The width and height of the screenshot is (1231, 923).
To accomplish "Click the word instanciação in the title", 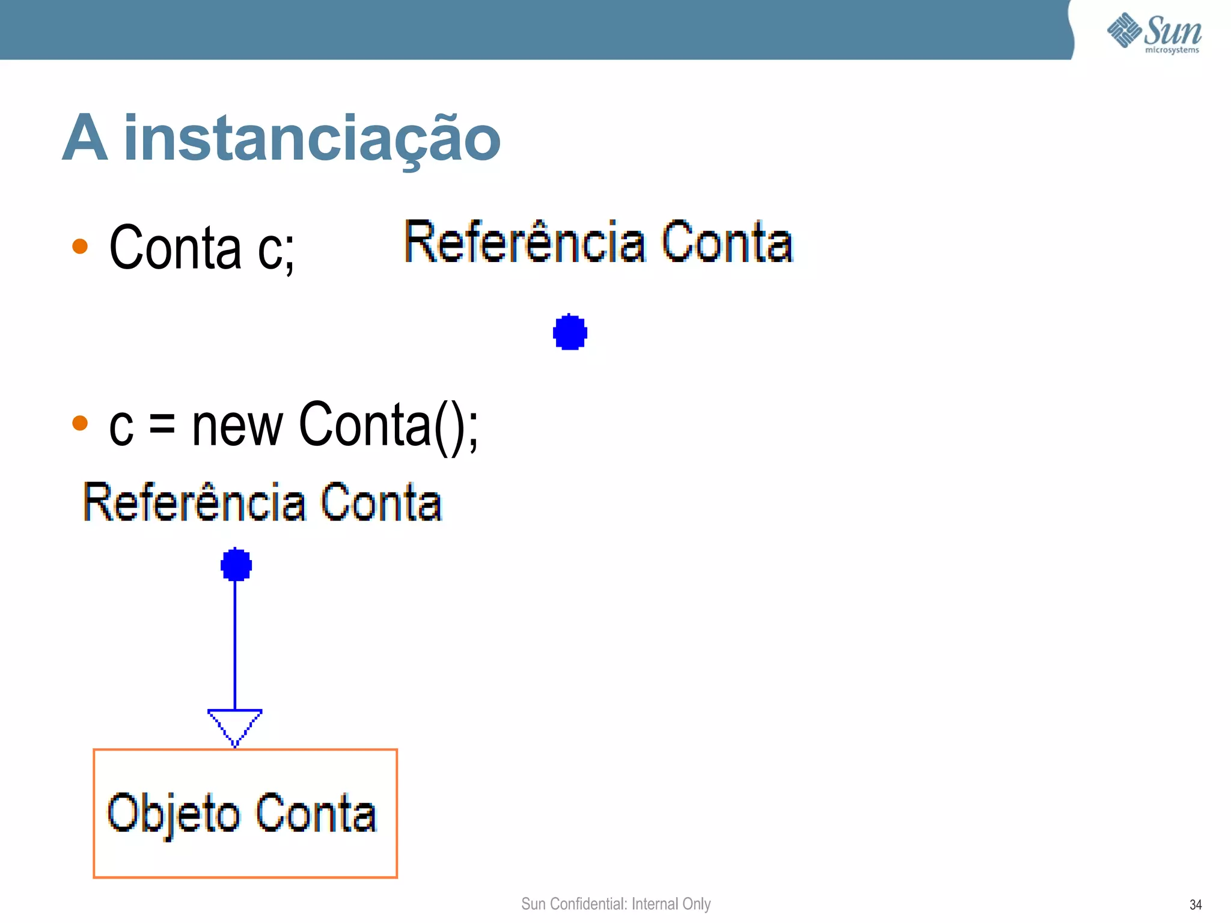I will point(312,139).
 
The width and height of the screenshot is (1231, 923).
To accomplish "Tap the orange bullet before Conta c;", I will point(80,246).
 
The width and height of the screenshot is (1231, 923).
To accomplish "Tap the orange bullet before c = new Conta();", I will point(80,423).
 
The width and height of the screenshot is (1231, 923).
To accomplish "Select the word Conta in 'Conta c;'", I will point(176,248).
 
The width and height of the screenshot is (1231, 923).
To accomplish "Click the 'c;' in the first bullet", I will point(276,249).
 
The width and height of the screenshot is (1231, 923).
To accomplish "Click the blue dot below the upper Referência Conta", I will point(570,332).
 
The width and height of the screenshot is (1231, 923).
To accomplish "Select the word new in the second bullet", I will point(237,425).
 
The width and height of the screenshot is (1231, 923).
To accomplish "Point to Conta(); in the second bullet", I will point(388,425).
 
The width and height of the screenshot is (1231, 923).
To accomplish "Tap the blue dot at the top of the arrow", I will point(236,564).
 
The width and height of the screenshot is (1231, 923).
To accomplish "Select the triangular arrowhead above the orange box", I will point(235,724).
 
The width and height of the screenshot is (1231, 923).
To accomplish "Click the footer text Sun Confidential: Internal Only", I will point(615,903).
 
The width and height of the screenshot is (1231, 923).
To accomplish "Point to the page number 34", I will point(1196,904).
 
